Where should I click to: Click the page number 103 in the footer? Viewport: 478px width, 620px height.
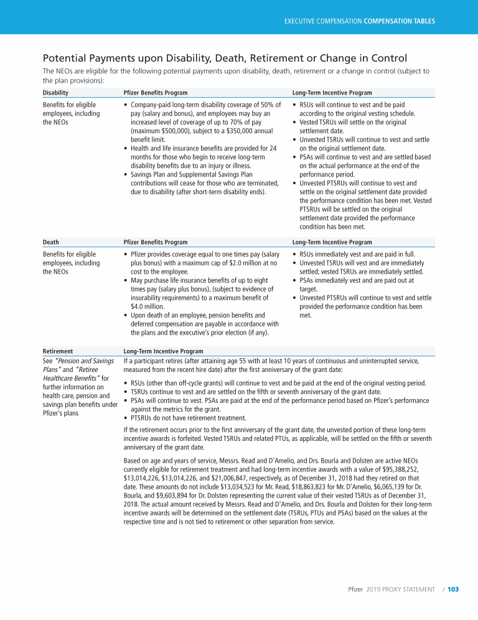[453, 589]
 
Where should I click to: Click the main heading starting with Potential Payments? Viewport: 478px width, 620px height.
[224, 58]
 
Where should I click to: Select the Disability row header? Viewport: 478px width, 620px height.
[55, 93]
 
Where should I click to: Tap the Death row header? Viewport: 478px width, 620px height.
[50, 242]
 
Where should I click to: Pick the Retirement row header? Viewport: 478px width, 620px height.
[58, 351]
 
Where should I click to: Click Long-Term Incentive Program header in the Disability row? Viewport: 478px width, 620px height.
[332, 93]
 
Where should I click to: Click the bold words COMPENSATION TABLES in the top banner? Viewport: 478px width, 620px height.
[399, 21]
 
